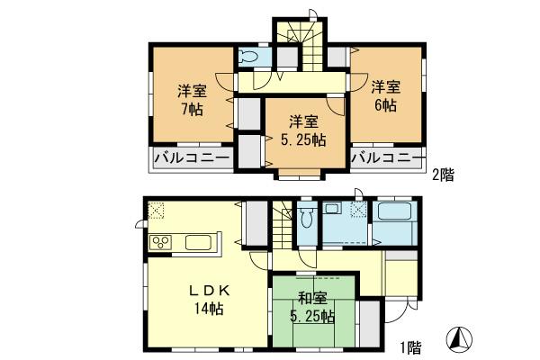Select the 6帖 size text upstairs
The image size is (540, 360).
(x=385, y=104)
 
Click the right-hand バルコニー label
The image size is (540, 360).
(x=387, y=160)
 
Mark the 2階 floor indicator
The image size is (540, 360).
(x=442, y=175)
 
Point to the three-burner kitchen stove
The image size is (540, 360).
(x=160, y=243)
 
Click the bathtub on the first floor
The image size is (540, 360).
(x=392, y=216)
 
